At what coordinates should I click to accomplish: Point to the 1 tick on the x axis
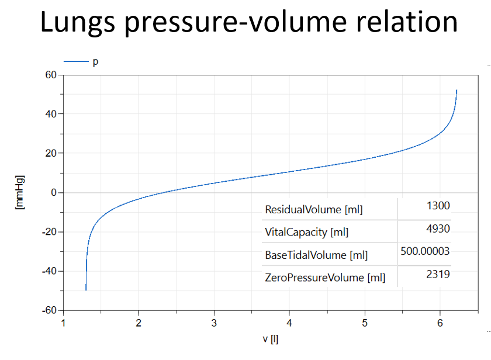click(63, 322)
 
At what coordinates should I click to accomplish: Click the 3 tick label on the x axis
click(214, 322)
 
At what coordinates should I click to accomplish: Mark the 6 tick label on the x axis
click(440, 322)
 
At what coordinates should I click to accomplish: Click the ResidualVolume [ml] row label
click(313, 209)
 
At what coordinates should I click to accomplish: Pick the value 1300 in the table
click(439, 206)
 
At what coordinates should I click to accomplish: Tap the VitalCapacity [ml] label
click(306, 232)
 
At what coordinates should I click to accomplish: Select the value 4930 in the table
click(439, 229)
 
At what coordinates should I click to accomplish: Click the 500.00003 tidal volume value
click(426, 251)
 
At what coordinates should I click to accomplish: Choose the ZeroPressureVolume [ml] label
click(325, 278)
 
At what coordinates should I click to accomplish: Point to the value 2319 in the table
click(439, 274)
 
